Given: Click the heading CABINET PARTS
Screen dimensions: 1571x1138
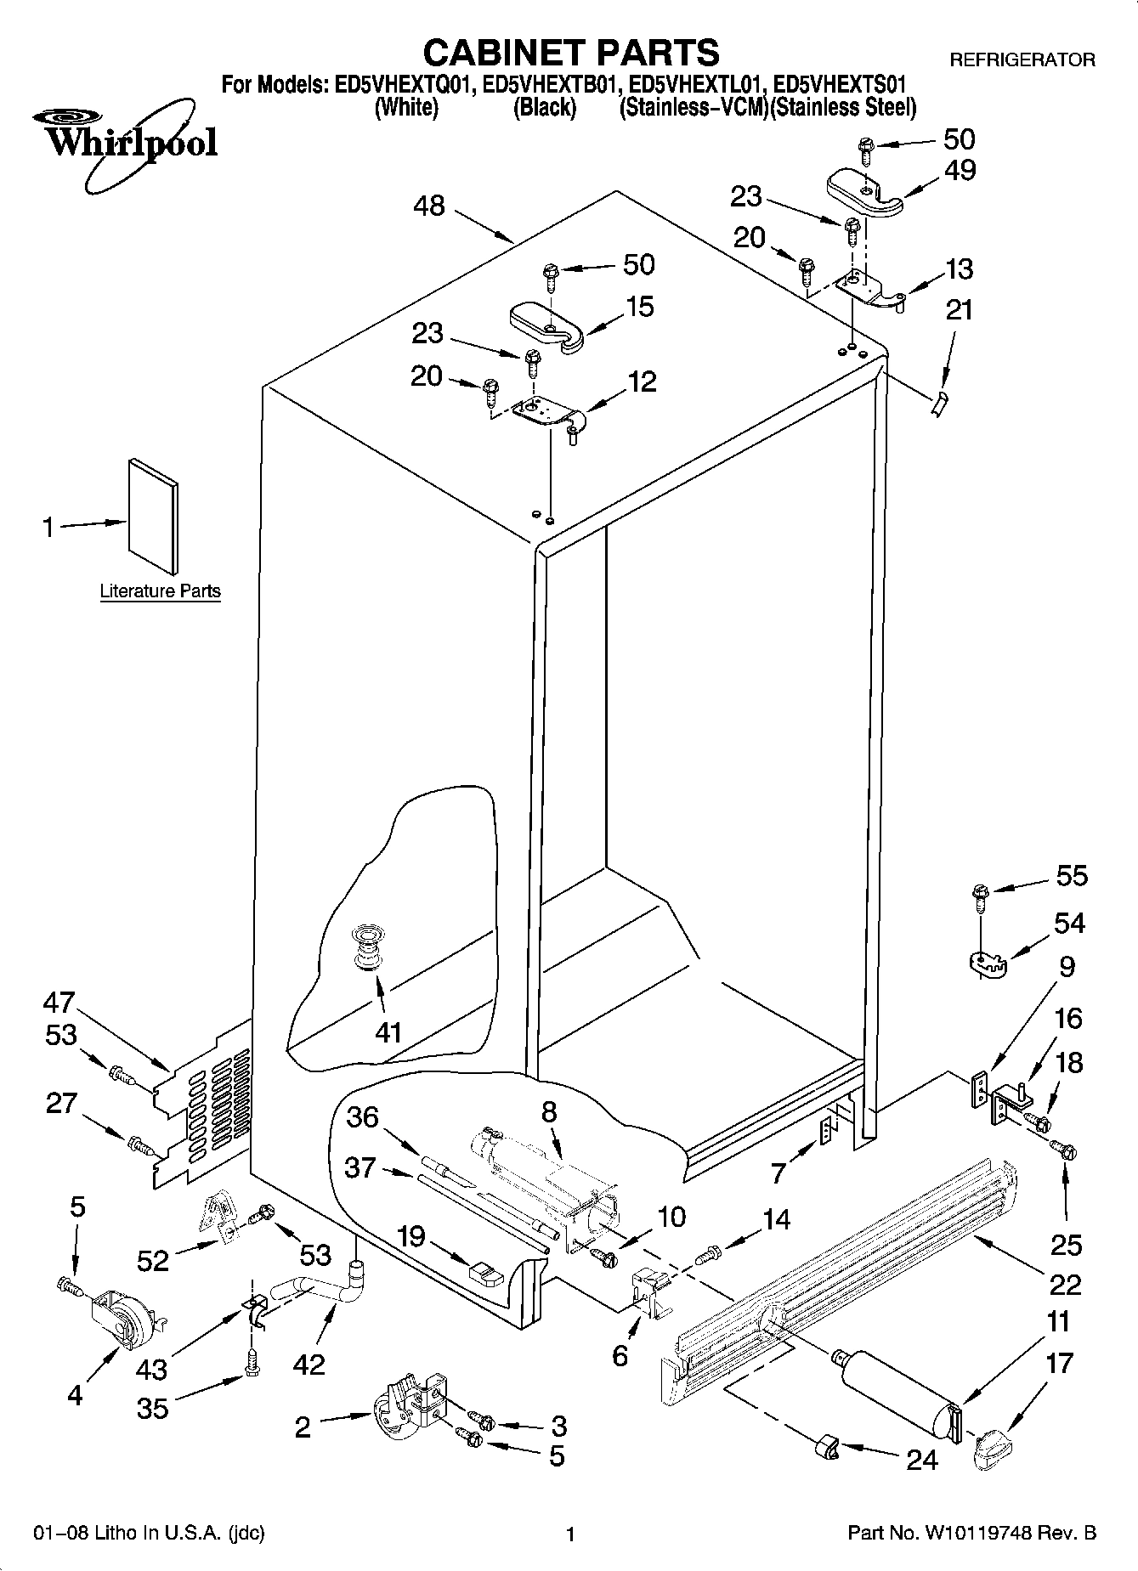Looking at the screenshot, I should pos(570,53).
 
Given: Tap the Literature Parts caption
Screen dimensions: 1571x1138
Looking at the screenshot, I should pos(160,591).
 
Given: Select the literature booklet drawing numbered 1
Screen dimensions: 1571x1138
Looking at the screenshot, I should pos(154,516).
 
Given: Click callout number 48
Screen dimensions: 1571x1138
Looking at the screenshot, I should pos(429,206).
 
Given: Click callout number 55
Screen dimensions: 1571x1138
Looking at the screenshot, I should pos(1071,875).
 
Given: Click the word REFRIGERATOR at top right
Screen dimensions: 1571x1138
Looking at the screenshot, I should pos(1022,60).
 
